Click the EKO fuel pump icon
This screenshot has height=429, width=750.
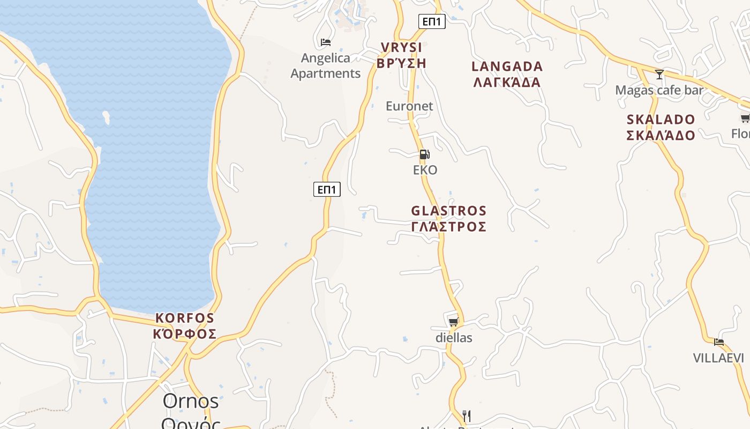coord(424,155)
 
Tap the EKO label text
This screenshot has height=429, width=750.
coord(425,170)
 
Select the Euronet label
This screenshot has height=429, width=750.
coord(409,106)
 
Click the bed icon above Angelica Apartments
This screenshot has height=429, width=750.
coord(325,42)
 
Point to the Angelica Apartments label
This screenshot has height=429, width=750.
coord(326,65)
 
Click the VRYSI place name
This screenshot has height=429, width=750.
coord(401,55)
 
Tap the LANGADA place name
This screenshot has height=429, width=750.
coord(507,74)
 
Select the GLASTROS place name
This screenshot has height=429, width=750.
coord(449,218)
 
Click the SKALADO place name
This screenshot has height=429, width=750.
coord(661,127)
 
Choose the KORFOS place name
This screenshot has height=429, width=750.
coord(185,326)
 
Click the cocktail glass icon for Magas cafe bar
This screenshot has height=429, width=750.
coord(659,75)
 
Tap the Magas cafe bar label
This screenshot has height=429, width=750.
coord(659,90)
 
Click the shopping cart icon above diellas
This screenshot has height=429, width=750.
coord(453,322)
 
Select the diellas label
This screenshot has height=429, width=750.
coord(454,337)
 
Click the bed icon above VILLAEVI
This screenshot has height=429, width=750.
coord(718,342)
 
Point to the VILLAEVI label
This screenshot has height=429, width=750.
coord(718,358)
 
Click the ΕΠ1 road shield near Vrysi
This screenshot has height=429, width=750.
coord(431,21)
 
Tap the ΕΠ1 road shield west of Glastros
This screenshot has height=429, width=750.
coord(327,189)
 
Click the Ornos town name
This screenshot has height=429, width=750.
coord(191,401)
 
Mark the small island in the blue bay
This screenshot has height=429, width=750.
coord(107,117)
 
